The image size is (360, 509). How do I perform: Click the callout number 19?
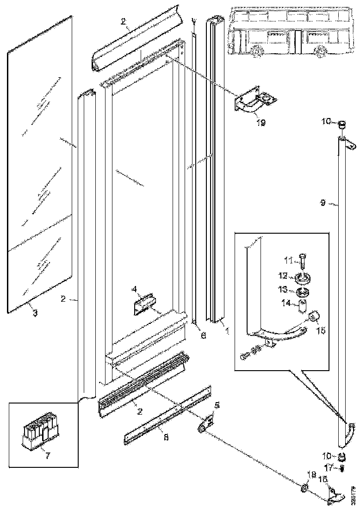pyautogui.click(x=261, y=123)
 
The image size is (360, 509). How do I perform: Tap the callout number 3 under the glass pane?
pyautogui.click(x=35, y=313)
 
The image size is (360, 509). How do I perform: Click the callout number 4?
pyautogui.click(x=134, y=290)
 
